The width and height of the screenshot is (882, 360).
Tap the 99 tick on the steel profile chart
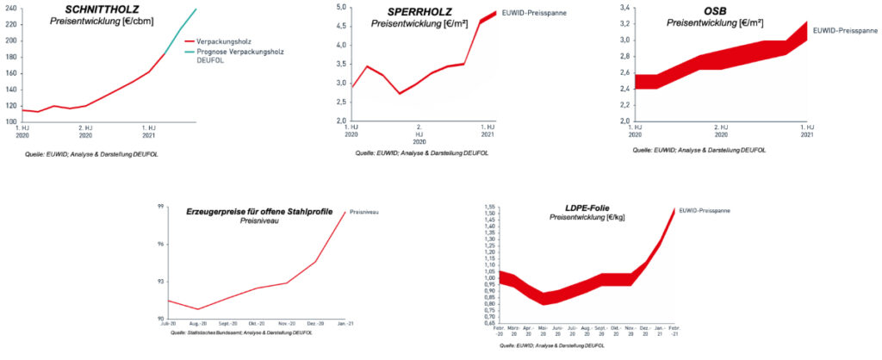[160, 207]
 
